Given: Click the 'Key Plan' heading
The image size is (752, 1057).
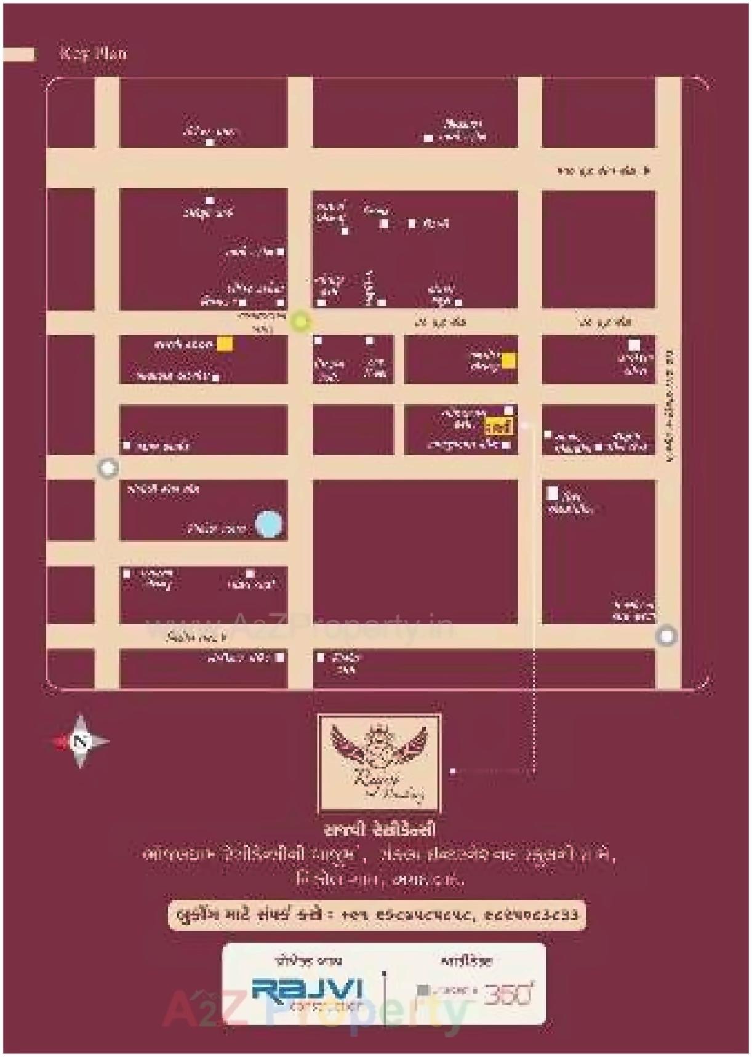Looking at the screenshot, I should pyautogui.click(x=93, y=53).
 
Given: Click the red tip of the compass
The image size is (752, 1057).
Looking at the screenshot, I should pyautogui.click(x=60, y=741).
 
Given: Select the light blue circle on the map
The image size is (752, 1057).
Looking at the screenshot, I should pyautogui.click(x=268, y=524).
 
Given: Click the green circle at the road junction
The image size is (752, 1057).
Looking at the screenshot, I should pyautogui.click(x=300, y=321).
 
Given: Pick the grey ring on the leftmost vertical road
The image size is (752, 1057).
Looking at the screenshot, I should pyautogui.click(x=108, y=468).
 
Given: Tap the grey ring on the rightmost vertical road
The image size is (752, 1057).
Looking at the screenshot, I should pyautogui.click(x=666, y=636).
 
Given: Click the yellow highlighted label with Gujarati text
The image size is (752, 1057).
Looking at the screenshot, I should pyautogui.click(x=498, y=426).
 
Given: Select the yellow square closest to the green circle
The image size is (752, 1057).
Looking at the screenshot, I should pyautogui.click(x=225, y=344).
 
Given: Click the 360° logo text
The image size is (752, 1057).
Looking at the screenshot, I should pyautogui.click(x=508, y=993).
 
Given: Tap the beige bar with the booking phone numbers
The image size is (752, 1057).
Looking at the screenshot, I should pyautogui.click(x=377, y=915).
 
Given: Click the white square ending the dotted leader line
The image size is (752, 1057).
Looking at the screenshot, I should pyautogui.click(x=453, y=770).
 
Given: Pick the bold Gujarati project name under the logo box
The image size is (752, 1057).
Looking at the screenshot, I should pyautogui.click(x=379, y=829).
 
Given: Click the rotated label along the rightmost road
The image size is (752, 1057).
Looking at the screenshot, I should pyautogui.click(x=670, y=406).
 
